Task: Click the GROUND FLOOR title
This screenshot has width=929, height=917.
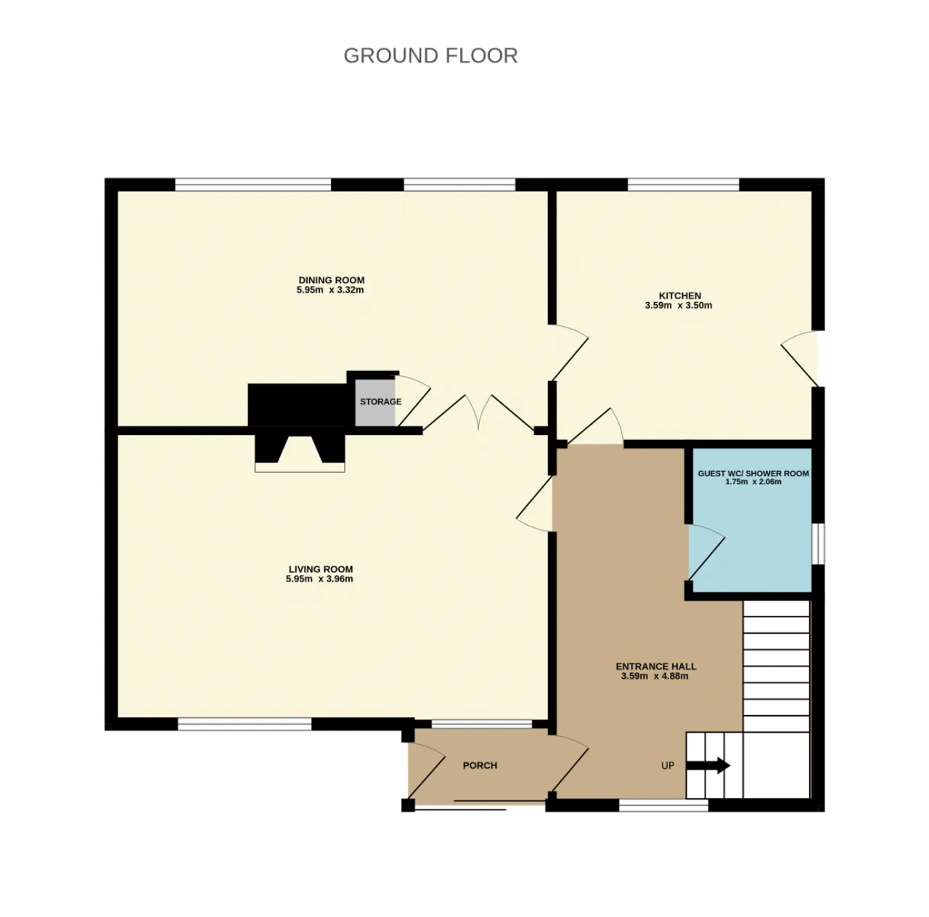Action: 430,56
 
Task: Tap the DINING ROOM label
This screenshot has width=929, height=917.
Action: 331,280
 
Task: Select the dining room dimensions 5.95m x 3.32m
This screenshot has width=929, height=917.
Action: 330,290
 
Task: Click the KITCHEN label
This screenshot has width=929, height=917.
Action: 680,296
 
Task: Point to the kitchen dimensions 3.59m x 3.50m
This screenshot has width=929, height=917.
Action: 679,306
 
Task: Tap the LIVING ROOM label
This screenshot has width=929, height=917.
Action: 321,569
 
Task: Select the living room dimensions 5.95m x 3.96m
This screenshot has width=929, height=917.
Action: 319,579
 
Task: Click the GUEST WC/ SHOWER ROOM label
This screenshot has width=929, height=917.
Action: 753,473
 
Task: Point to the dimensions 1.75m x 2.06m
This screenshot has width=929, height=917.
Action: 753,482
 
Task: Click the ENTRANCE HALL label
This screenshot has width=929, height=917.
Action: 655,667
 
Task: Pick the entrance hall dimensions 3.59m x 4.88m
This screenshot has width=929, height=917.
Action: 655,676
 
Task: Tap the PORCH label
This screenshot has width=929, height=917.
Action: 480,765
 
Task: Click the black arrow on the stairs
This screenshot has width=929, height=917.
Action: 708,765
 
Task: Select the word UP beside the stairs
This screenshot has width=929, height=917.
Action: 667,765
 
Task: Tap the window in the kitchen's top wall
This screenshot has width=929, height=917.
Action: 683,184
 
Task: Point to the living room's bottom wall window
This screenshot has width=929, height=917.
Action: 245,724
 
